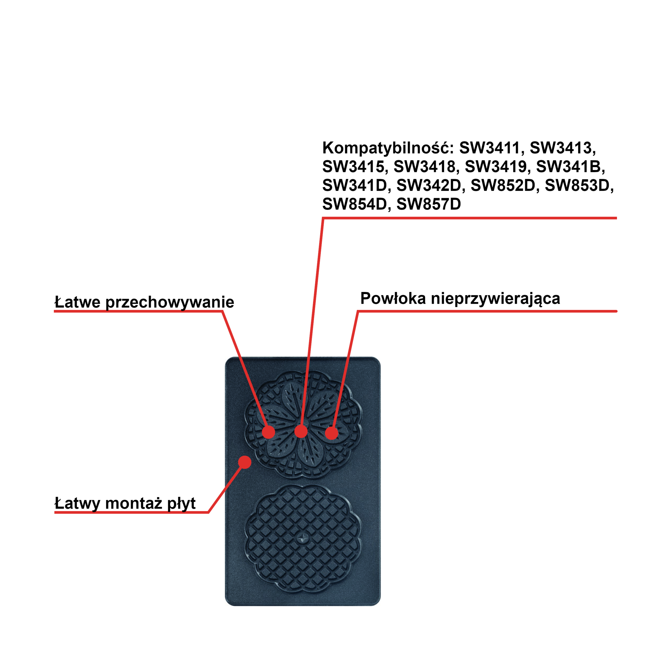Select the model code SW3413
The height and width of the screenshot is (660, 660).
pos(560,148)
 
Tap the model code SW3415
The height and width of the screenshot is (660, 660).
pos(353,167)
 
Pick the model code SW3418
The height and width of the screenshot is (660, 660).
pos(424,167)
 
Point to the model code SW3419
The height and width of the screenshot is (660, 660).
pos(495,167)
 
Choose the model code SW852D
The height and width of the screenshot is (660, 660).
pos(502,186)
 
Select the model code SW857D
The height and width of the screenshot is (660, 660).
pos(429,204)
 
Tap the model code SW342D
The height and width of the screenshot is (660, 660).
pos(428,186)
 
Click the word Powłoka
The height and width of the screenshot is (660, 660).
pos(393,298)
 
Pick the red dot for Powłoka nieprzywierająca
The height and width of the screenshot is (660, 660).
pos(331,433)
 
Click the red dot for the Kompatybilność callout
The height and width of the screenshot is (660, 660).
pos(301,431)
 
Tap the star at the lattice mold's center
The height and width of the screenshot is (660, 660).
pos(303,539)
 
